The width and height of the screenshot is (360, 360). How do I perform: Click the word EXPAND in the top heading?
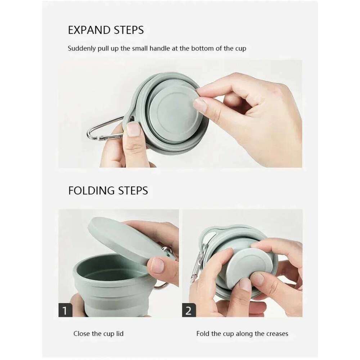pos(87,30)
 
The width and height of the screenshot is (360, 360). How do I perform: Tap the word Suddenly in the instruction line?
pos(82,49)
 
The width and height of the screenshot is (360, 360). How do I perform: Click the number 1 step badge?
pos(65,310)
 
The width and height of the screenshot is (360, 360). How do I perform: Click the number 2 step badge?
pos(189,310)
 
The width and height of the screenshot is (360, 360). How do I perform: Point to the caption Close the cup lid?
pos(98,334)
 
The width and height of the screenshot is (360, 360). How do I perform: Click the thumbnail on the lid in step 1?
pos(158,265)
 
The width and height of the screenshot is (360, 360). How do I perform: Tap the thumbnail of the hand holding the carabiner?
pos(134,129)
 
